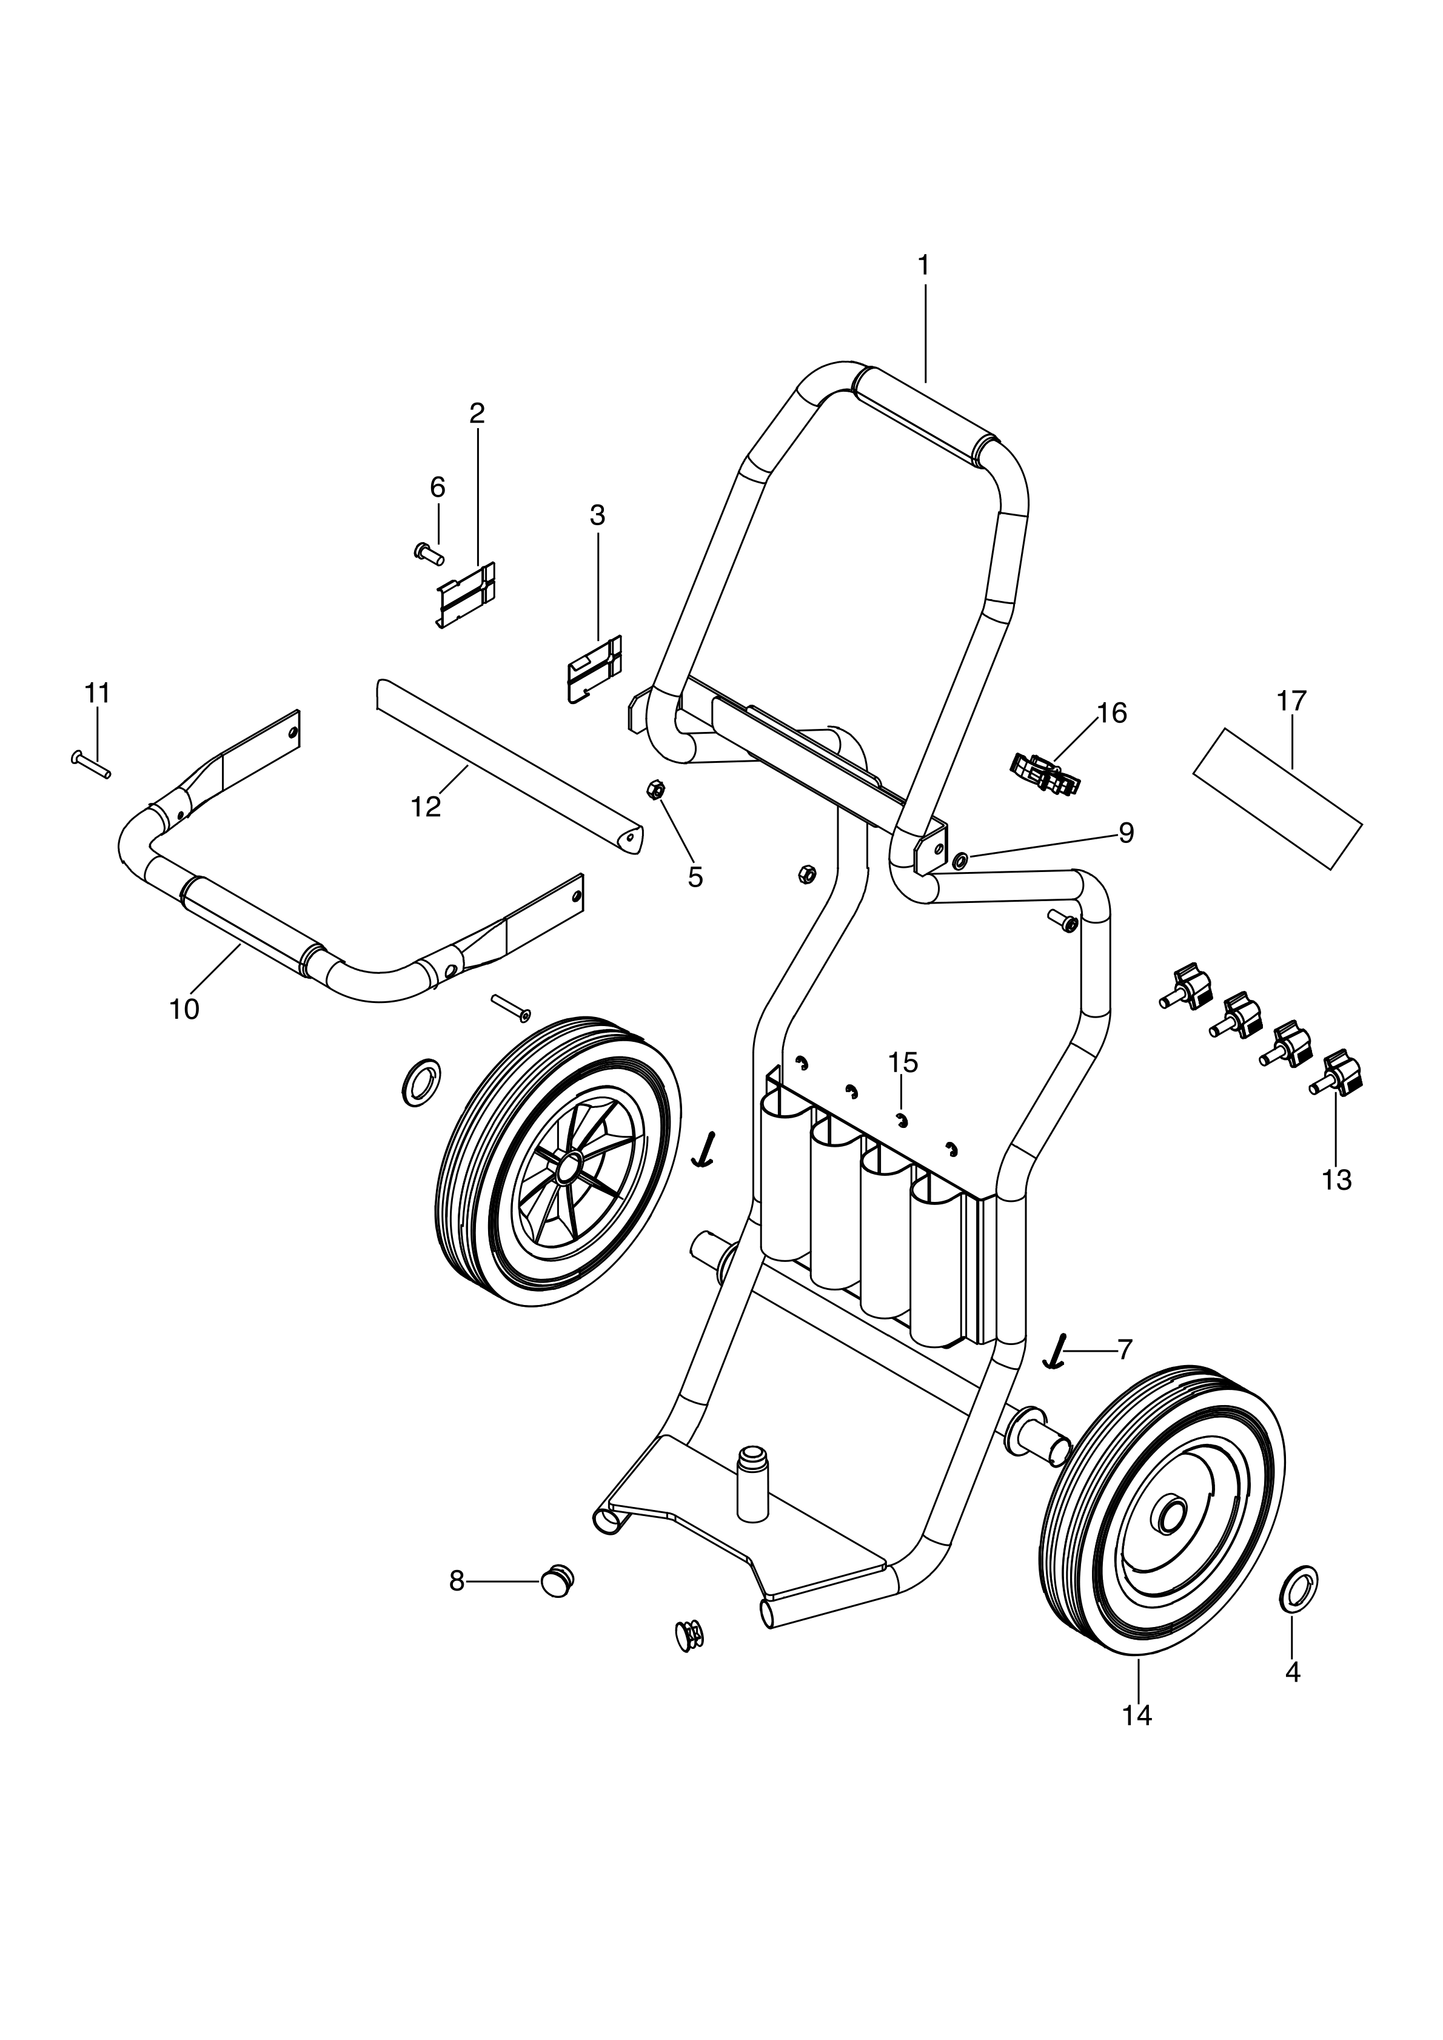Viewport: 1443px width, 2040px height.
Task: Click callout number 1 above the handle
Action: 923,265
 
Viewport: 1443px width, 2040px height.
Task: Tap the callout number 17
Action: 1292,701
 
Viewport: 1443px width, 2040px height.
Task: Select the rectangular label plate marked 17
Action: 1277,799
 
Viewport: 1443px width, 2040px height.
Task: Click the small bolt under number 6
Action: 429,554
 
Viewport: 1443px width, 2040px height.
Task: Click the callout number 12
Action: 426,807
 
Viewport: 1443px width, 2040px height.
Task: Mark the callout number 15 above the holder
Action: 903,1062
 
